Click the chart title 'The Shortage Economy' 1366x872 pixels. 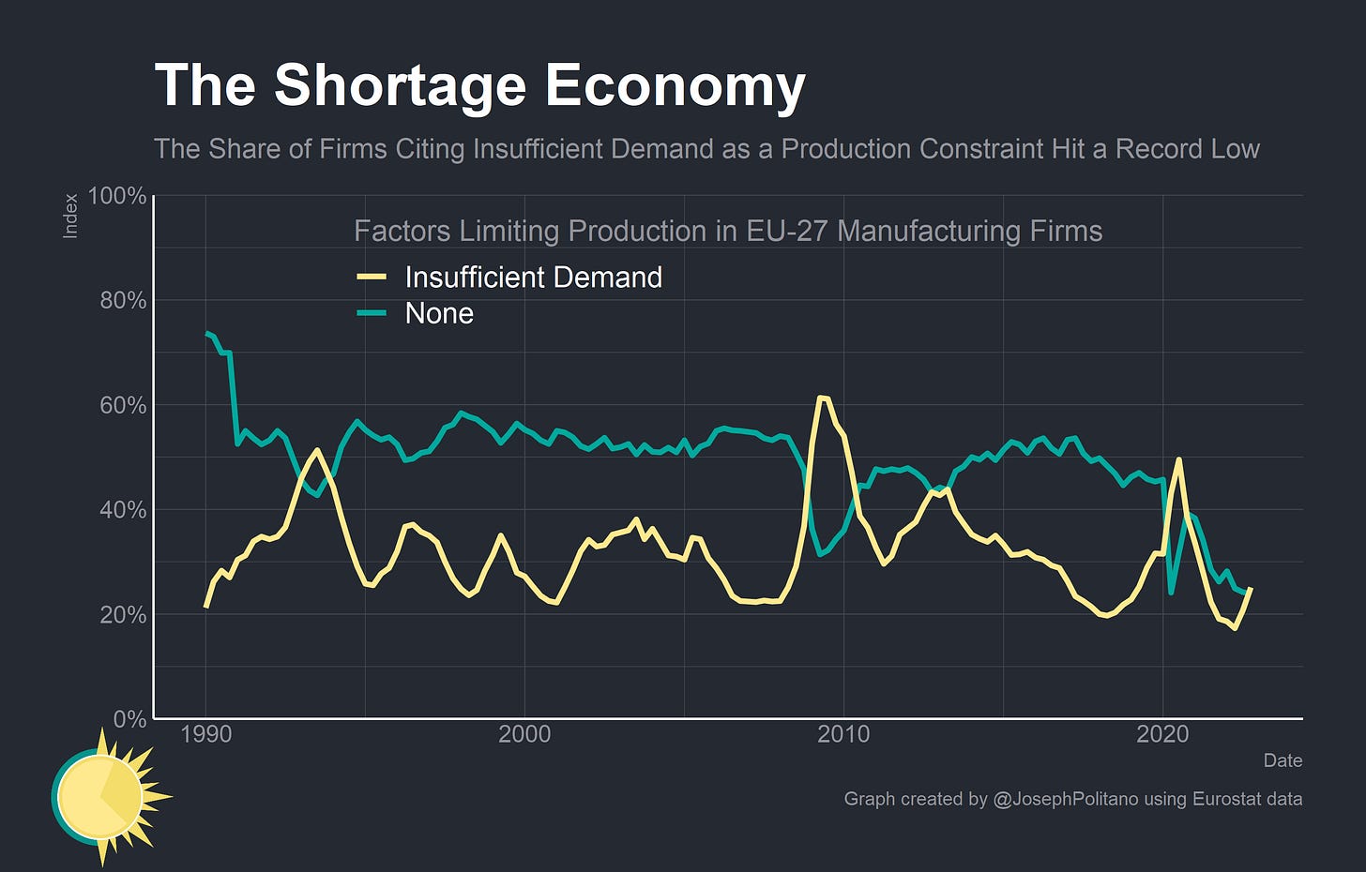click(x=479, y=85)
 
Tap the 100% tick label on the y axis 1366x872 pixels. click(x=116, y=196)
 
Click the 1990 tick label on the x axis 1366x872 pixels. click(x=205, y=734)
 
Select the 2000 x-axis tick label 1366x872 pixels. click(x=524, y=734)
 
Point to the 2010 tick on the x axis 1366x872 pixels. click(x=843, y=734)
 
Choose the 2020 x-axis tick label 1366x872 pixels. click(x=1162, y=734)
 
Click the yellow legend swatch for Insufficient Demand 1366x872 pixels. click(x=372, y=278)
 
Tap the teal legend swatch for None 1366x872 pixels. click(x=372, y=313)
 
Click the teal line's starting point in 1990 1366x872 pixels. click(x=206, y=333)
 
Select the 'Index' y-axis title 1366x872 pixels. click(x=70, y=217)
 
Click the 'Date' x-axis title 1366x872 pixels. click(x=1282, y=760)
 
